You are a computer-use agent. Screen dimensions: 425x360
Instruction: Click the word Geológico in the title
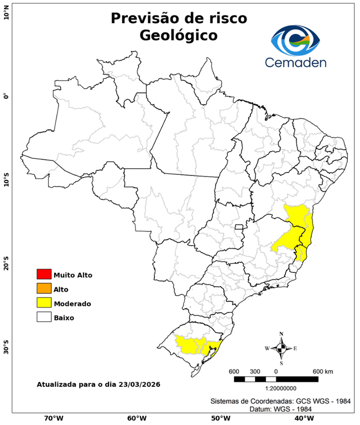(179, 35)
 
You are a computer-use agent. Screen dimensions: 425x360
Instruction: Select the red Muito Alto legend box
(44, 274)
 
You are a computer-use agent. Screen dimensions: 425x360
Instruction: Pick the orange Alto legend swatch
(44, 289)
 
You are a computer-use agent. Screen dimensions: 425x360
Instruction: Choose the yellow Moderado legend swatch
(44, 303)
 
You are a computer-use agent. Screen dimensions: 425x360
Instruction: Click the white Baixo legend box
(44, 318)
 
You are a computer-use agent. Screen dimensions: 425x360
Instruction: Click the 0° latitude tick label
(6, 96)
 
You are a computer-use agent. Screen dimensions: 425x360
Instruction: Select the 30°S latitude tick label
(6, 350)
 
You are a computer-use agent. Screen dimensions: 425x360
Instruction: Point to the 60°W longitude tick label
(137, 418)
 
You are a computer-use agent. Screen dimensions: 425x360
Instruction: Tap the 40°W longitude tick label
(302, 418)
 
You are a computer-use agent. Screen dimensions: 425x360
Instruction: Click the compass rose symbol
(281, 348)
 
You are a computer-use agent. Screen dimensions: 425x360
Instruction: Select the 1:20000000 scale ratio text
(275, 388)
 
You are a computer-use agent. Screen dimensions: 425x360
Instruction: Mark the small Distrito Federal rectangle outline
(239, 227)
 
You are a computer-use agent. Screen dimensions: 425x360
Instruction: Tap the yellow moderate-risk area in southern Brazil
(191, 345)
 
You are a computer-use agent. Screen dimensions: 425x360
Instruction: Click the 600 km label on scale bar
(322, 371)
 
